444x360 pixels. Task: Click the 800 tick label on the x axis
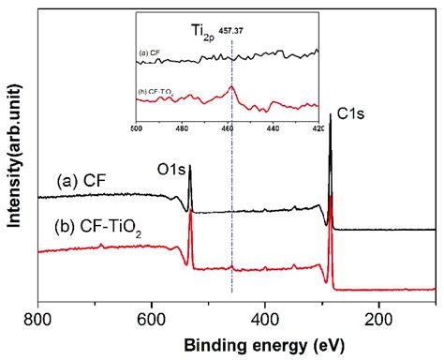click(37, 321)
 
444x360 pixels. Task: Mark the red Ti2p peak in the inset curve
click(233, 87)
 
